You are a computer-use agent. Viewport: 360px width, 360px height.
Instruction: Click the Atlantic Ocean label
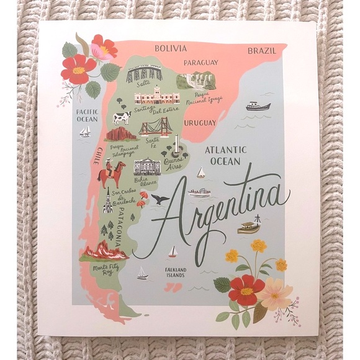pyautogui.click(x=225, y=155)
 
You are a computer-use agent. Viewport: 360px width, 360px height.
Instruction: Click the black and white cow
pyautogui.click(x=121, y=117)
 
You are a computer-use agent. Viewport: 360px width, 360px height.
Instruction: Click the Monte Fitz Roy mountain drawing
pyautogui.click(x=105, y=251)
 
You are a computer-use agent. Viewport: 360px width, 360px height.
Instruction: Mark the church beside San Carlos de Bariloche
pyautogui.click(x=107, y=201)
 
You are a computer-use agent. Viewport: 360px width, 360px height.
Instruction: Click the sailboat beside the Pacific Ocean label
pyautogui.click(x=85, y=132)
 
